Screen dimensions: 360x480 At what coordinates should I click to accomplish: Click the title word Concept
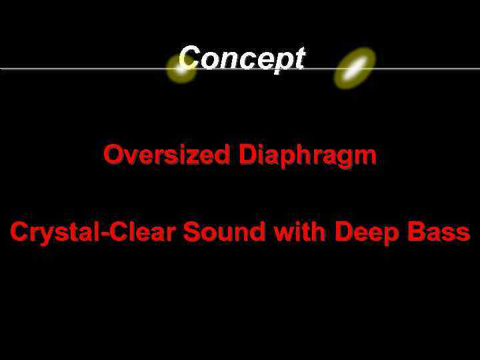[241, 58]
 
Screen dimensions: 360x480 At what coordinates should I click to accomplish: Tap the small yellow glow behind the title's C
[181, 69]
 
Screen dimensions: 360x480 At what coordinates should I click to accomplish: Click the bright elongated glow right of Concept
[355, 69]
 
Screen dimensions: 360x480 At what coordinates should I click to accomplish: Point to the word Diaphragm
[308, 157]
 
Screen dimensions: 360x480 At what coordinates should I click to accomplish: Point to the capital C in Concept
[189, 58]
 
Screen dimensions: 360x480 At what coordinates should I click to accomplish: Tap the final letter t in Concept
[299, 59]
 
